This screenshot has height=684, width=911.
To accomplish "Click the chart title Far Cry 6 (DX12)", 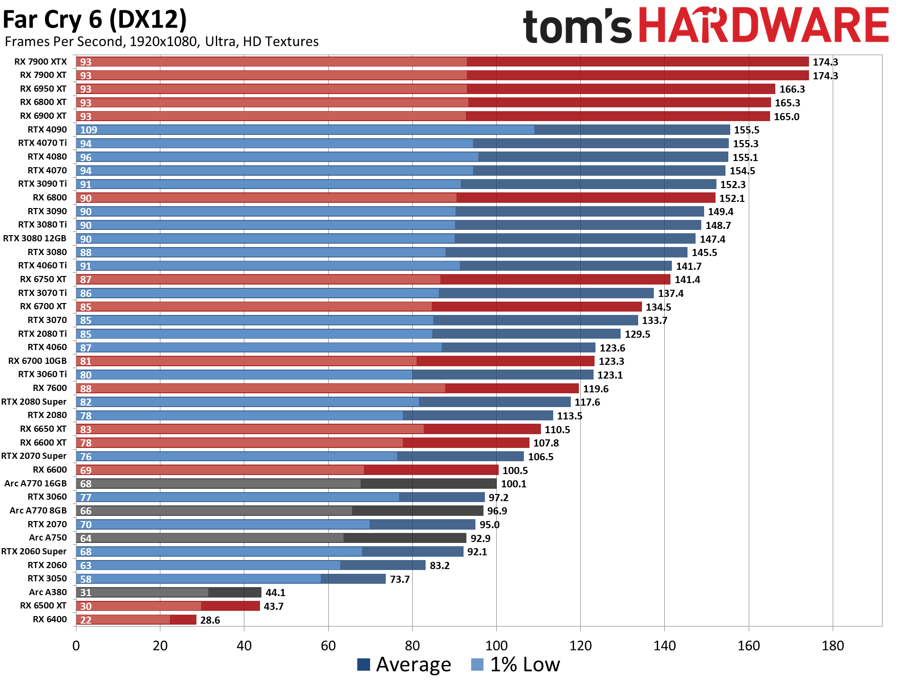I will [x=95, y=20].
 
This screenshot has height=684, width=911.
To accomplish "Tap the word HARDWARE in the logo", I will [x=764, y=26].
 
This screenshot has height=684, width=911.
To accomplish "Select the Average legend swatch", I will [x=363, y=665].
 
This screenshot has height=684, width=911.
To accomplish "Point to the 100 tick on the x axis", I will [x=496, y=646].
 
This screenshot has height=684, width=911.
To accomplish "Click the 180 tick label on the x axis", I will [x=833, y=646].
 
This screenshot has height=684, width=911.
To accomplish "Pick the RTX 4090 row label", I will [x=47, y=130].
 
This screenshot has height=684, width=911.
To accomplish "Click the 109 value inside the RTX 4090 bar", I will [x=89, y=130].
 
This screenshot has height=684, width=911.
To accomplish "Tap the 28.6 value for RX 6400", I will [x=210, y=620].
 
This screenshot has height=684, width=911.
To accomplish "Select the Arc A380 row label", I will [x=47, y=592].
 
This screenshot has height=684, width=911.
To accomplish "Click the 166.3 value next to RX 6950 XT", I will [x=792, y=89].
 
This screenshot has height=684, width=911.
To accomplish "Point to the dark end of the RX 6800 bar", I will [x=586, y=198].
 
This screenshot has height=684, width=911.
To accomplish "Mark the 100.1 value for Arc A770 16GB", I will [x=513, y=484].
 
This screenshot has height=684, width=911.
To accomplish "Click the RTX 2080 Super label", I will [x=34, y=402].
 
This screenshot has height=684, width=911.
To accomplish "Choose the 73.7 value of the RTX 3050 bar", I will [x=400, y=579].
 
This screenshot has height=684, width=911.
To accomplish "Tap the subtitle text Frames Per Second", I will [x=64, y=42].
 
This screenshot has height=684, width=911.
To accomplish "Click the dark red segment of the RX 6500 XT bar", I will [x=231, y=606].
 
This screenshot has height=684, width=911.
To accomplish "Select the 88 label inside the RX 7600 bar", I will [x=85, y=389].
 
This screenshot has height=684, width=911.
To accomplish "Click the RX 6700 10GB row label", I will [x=37, y=361].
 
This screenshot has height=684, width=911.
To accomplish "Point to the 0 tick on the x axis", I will [x=76, y=646].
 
